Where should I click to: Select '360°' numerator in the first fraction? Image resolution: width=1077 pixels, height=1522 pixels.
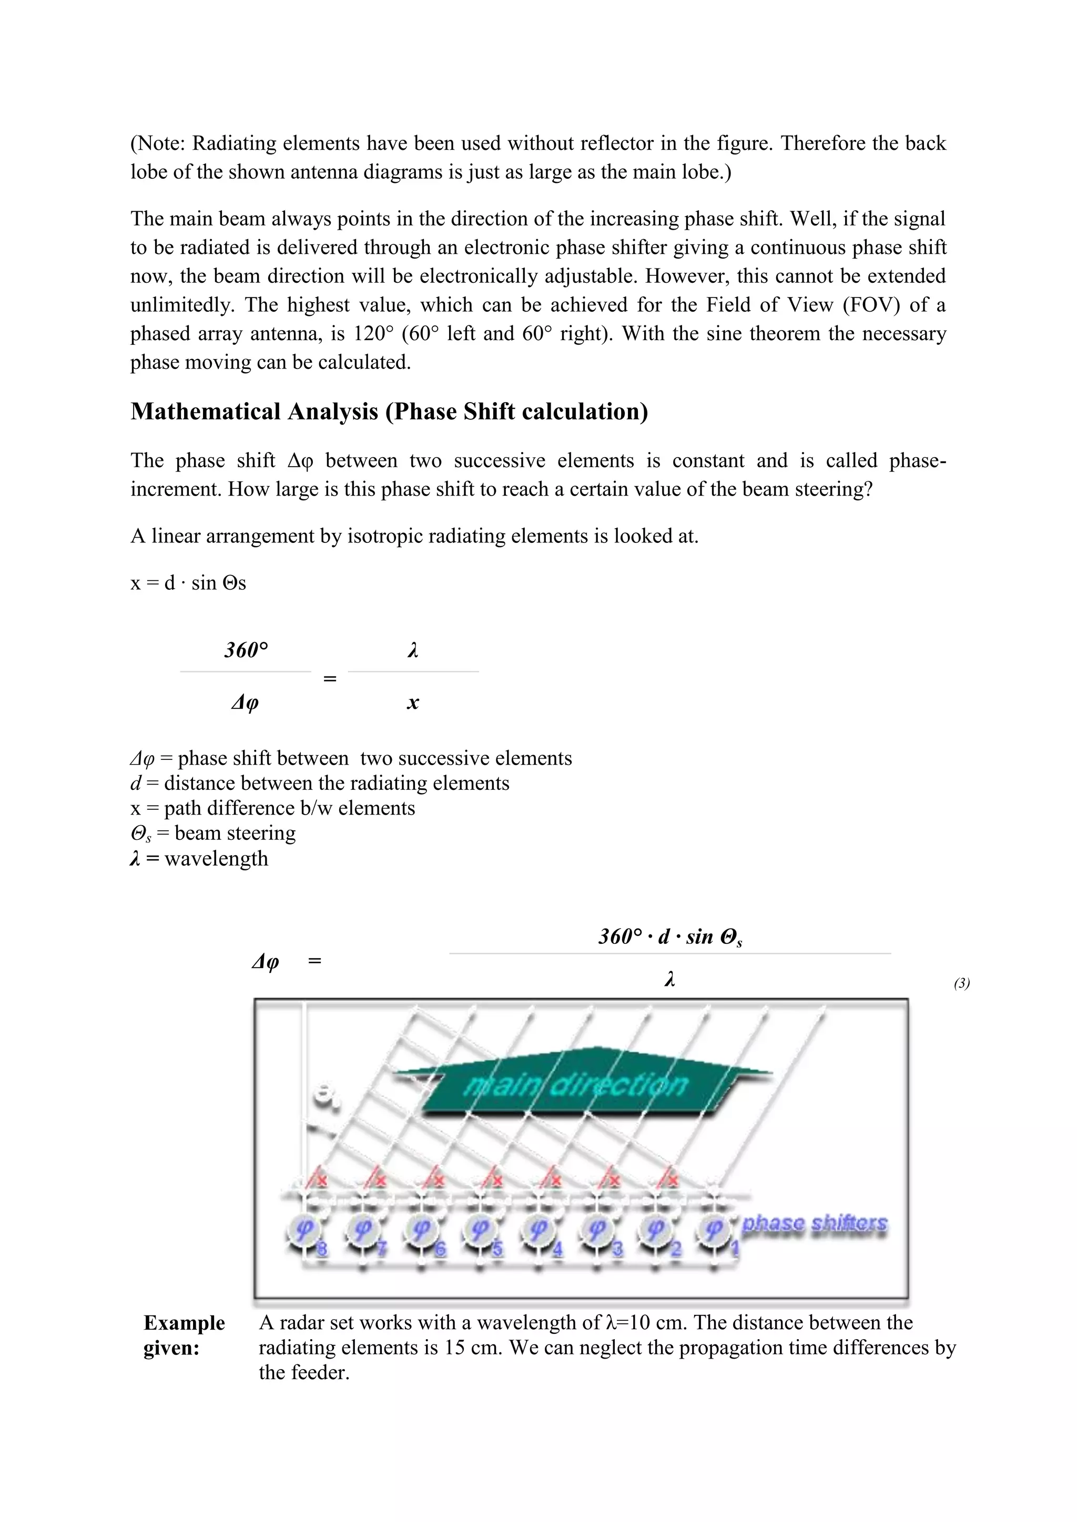[x=246, y=650]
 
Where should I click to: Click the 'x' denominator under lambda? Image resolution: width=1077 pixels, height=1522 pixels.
[x=412, y=703]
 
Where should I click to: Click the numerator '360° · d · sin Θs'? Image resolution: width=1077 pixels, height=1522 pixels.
[x=670, y=937]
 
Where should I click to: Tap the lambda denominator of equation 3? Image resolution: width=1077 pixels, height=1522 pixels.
[x=670, y=979]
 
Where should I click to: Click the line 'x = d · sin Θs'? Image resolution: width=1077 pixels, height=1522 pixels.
[x=188, y=583]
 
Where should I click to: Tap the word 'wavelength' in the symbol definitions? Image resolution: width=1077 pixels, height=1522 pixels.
[x=216, y=858]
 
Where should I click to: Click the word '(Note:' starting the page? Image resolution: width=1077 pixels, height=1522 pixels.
[x=158, y=143]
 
